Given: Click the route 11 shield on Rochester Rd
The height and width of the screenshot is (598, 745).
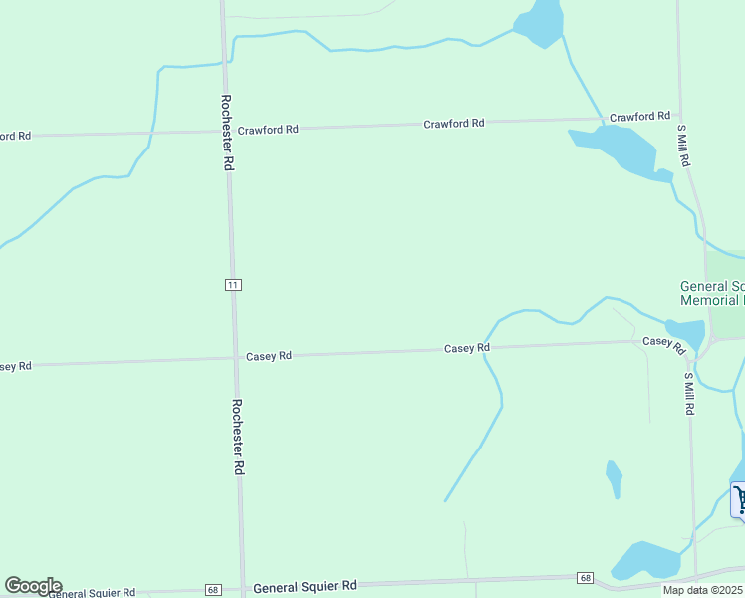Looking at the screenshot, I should coord(233,285).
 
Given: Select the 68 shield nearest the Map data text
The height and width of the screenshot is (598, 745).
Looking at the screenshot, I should coord(586,578).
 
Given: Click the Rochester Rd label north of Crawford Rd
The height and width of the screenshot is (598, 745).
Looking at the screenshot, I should coord(227,133).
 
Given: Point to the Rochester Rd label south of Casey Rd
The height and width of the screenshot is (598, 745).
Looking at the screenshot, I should coord(239,437).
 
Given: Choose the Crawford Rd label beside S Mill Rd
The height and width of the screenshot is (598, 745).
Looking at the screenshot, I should coord(639,117).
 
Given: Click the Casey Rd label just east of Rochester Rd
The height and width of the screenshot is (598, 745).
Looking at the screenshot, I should coord(268,356).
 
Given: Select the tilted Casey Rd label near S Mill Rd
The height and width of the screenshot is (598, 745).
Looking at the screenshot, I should coord(664,345).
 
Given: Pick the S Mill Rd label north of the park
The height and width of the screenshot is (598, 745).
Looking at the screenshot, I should coord(683,145).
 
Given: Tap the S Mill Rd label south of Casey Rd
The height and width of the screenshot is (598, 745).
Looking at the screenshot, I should coord(688,394).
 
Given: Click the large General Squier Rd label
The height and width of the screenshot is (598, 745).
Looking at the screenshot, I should coord(304,587).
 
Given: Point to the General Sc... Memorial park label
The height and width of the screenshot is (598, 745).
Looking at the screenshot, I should coord(711,293).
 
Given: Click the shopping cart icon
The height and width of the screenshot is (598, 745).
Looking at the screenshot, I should coord(738,499).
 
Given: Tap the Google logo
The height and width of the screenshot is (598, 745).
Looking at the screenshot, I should coord(33,586).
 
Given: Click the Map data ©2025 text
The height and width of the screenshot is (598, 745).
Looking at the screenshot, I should coord(702,590).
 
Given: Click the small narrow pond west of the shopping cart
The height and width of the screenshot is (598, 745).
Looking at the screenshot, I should coord(615,478).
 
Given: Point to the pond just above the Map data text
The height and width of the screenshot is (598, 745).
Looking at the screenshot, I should coord(644,559).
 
